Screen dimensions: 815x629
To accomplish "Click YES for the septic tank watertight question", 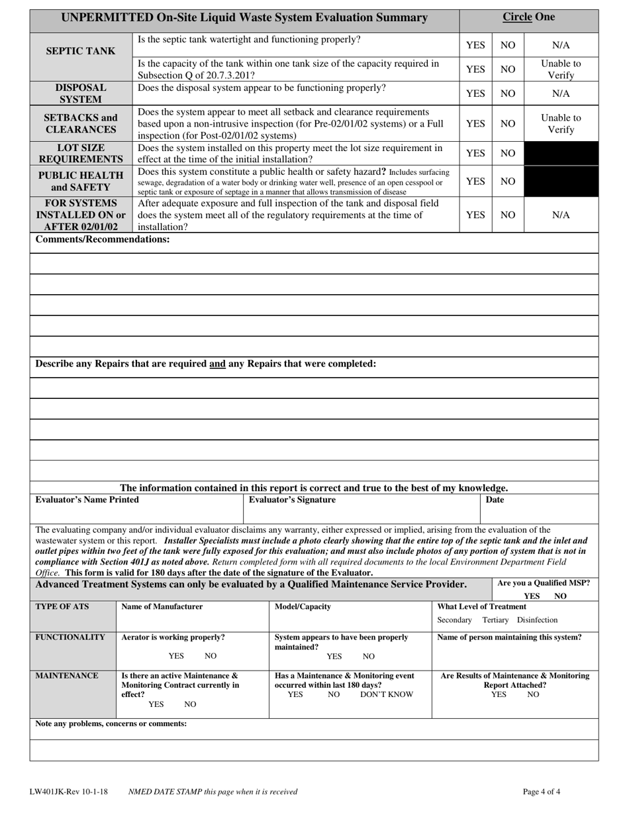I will [x=475, y=45].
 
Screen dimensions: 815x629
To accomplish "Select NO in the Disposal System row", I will [x=508, y=93].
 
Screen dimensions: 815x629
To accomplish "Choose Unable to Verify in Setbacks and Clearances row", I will [x=561, y=124].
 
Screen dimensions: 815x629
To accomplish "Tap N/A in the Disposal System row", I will [x=561, y=93].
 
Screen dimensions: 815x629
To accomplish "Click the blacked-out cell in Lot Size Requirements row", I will [x=561, y=154].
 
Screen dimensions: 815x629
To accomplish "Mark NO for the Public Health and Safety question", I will [x=508, y=182].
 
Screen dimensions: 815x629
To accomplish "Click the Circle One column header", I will [x=528, y=17].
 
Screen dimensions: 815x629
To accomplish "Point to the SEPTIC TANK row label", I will [x=81, y=51].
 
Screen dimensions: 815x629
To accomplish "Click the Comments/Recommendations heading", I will [x=103, y=239].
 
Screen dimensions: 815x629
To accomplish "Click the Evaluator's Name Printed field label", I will [x=87, y=500].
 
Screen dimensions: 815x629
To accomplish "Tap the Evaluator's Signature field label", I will [x=292, y=500].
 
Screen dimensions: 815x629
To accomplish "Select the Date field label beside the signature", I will [x=495, y=500].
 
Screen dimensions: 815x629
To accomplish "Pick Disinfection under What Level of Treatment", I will [x=537, y=620].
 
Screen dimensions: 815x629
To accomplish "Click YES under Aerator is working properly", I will [x=176, y=656].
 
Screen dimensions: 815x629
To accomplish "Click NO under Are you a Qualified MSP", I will [x=560, y=596].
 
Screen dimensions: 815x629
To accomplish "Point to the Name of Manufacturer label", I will [x=162, y=606].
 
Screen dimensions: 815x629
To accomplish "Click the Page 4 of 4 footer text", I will [x=542, y=791].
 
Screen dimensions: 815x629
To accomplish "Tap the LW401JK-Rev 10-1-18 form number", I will [x=69, y=791].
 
